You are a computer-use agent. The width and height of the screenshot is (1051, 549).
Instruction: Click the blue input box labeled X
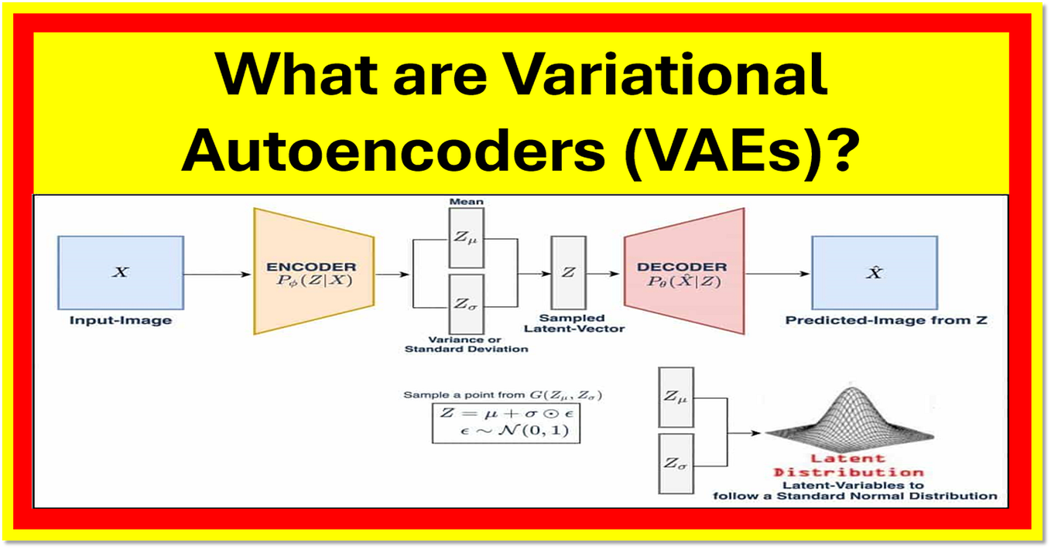[121, 273]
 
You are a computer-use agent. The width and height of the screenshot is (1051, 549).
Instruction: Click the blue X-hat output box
[874, 273]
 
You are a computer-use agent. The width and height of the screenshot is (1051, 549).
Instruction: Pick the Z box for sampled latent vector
[567, 272]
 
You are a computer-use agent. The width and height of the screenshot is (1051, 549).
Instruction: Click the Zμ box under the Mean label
[466, 237]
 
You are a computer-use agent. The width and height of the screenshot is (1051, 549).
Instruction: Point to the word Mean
[466, 202]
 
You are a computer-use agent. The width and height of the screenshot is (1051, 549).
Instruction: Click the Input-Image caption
[121, 320]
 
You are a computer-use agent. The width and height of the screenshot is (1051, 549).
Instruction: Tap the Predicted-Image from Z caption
[887, 320]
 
